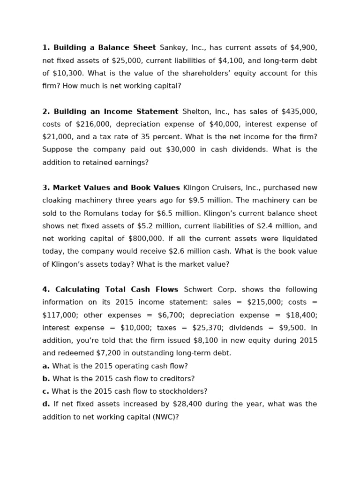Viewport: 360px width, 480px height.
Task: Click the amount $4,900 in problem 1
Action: coord(303,48)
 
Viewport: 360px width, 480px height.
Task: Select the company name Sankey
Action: coord(172,48)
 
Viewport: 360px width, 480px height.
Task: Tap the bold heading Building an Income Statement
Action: coord(116,112)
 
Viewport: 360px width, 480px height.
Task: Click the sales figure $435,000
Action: coord(299,112)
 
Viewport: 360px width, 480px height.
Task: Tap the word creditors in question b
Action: coord(176,379)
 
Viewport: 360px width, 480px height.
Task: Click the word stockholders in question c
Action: coord(183,391)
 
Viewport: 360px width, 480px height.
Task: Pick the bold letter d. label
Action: coord(46,404)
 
